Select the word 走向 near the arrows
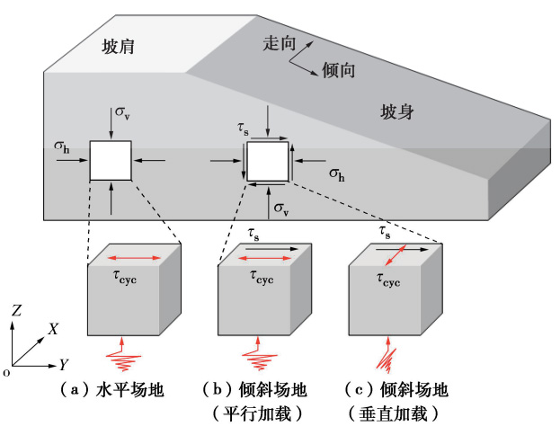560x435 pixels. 279,43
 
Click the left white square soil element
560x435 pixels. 111,162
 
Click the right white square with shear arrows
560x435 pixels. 268,162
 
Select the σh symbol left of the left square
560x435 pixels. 62,146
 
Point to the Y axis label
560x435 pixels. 64,364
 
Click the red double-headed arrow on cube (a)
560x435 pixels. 134,259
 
